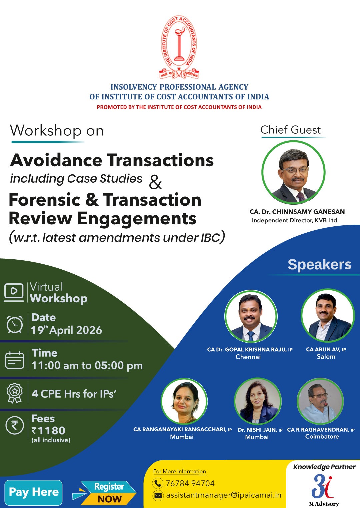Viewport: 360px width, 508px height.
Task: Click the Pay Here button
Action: pos(33,492)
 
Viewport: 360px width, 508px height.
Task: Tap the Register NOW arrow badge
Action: pos(104,493)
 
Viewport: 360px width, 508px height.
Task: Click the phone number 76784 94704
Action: pos(190,483)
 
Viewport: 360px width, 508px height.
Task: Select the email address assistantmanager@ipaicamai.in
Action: pos(224,495)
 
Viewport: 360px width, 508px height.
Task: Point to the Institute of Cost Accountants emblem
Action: pos(179,47)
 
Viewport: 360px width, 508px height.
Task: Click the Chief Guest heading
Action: pos(291,130)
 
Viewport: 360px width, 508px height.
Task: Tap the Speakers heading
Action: pos(319,264)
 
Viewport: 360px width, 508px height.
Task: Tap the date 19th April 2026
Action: pos(66,330)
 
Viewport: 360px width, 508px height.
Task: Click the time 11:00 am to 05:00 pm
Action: pos(87,365)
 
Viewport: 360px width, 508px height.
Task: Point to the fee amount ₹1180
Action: pos(48,430)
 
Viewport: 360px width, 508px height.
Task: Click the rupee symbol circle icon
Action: pos(15,425)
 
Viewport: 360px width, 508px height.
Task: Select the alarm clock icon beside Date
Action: pos(15,324)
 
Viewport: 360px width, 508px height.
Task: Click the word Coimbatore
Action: pos(322,436)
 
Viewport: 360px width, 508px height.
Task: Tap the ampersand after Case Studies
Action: pos(155,183)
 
